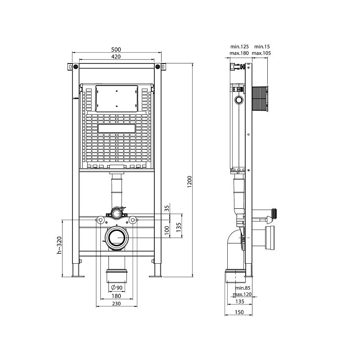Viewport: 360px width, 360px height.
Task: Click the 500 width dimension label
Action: pos(116,49)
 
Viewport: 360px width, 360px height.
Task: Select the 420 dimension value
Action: pos(116,57)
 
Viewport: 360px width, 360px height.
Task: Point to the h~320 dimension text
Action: pos(59,247)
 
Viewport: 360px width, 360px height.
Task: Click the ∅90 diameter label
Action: pos(117,288)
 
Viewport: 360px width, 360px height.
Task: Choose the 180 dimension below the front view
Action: pos(117,296)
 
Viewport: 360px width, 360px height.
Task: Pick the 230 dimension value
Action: pos(117,304)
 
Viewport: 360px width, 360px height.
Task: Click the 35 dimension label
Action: pos(166,208)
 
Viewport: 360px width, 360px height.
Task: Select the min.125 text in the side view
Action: pos(240,46)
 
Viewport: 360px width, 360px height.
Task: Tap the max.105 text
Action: pos(261,53)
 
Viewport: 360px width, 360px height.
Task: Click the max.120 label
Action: pos(242,294)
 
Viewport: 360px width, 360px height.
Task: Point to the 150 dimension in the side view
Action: pos(239,313)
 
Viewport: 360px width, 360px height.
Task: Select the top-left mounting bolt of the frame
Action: pos(75,67)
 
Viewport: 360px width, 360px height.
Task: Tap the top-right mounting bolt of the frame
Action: pos(157,67)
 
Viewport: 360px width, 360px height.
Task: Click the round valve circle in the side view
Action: pos(239,100)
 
